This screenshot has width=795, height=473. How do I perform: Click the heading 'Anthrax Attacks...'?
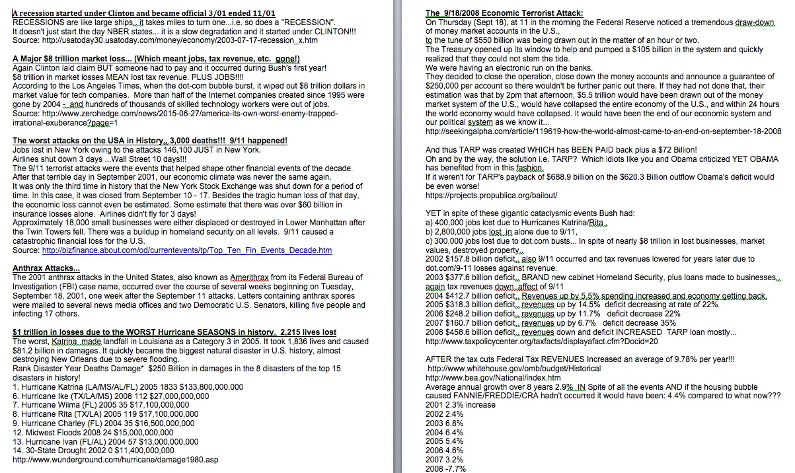(x=46, y=269)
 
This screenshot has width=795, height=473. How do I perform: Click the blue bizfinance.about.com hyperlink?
(x=186, y=250)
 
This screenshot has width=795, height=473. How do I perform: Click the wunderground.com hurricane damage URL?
(x=115, y=460)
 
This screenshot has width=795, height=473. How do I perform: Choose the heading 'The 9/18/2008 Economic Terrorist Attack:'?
(x=504, y=13)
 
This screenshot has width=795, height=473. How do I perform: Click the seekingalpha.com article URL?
(x=603, y=131)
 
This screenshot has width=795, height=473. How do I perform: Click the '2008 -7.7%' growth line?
(x=445, y=469)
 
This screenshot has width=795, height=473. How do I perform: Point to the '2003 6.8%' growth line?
(x=444, y=423)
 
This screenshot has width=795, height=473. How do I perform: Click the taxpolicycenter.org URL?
(x=541, y=342)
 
